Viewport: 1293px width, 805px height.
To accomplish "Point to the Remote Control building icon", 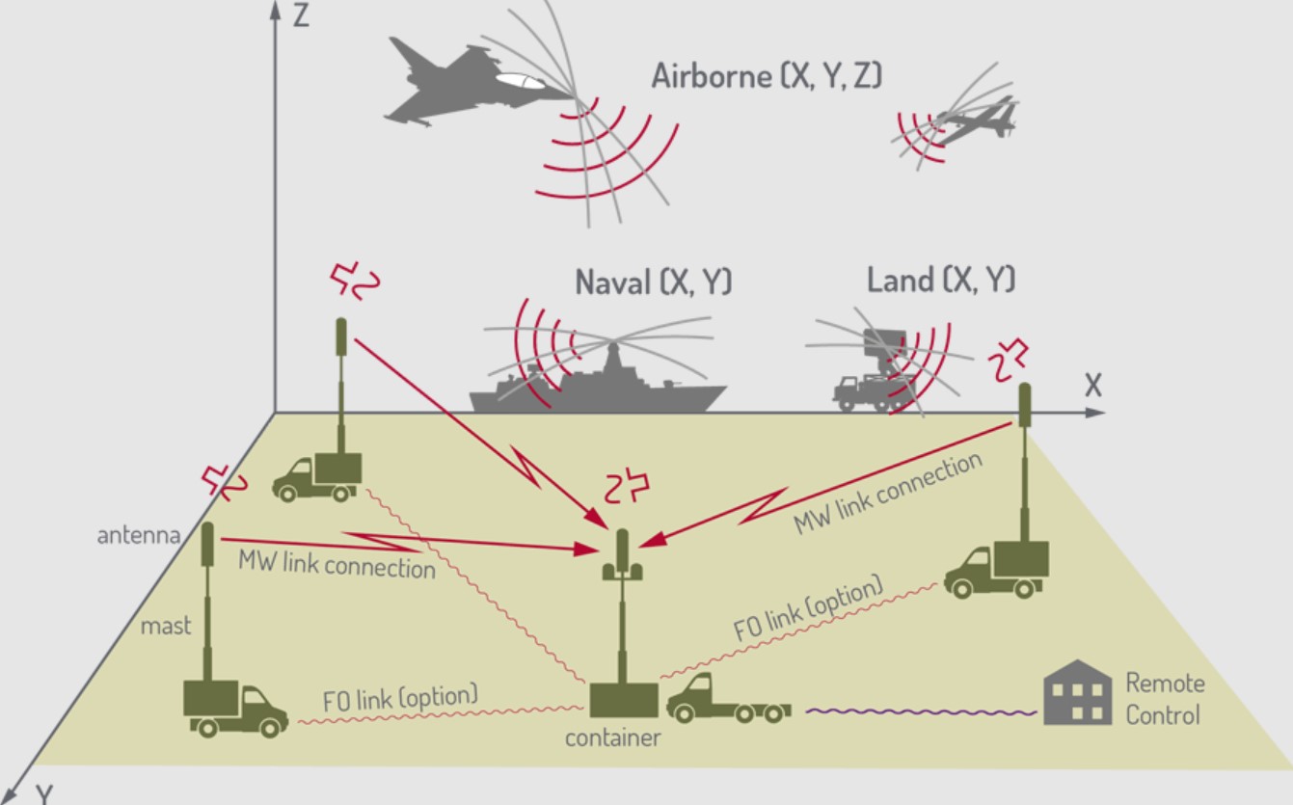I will [1078, 691].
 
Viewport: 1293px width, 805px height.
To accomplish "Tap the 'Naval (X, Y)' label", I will [654, 282].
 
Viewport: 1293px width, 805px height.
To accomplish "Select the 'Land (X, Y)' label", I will [941, 281].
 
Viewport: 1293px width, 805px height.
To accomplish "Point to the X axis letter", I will [1092, 386].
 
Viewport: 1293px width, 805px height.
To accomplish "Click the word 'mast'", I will [166, 626].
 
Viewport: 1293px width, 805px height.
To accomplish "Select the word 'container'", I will [613, 738].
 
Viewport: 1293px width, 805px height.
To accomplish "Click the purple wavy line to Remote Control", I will [921, 712].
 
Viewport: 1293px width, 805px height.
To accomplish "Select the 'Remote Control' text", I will [1165, 699].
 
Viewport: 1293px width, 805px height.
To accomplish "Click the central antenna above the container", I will [623, 559].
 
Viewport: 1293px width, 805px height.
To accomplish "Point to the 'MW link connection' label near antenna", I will [337, 564].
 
